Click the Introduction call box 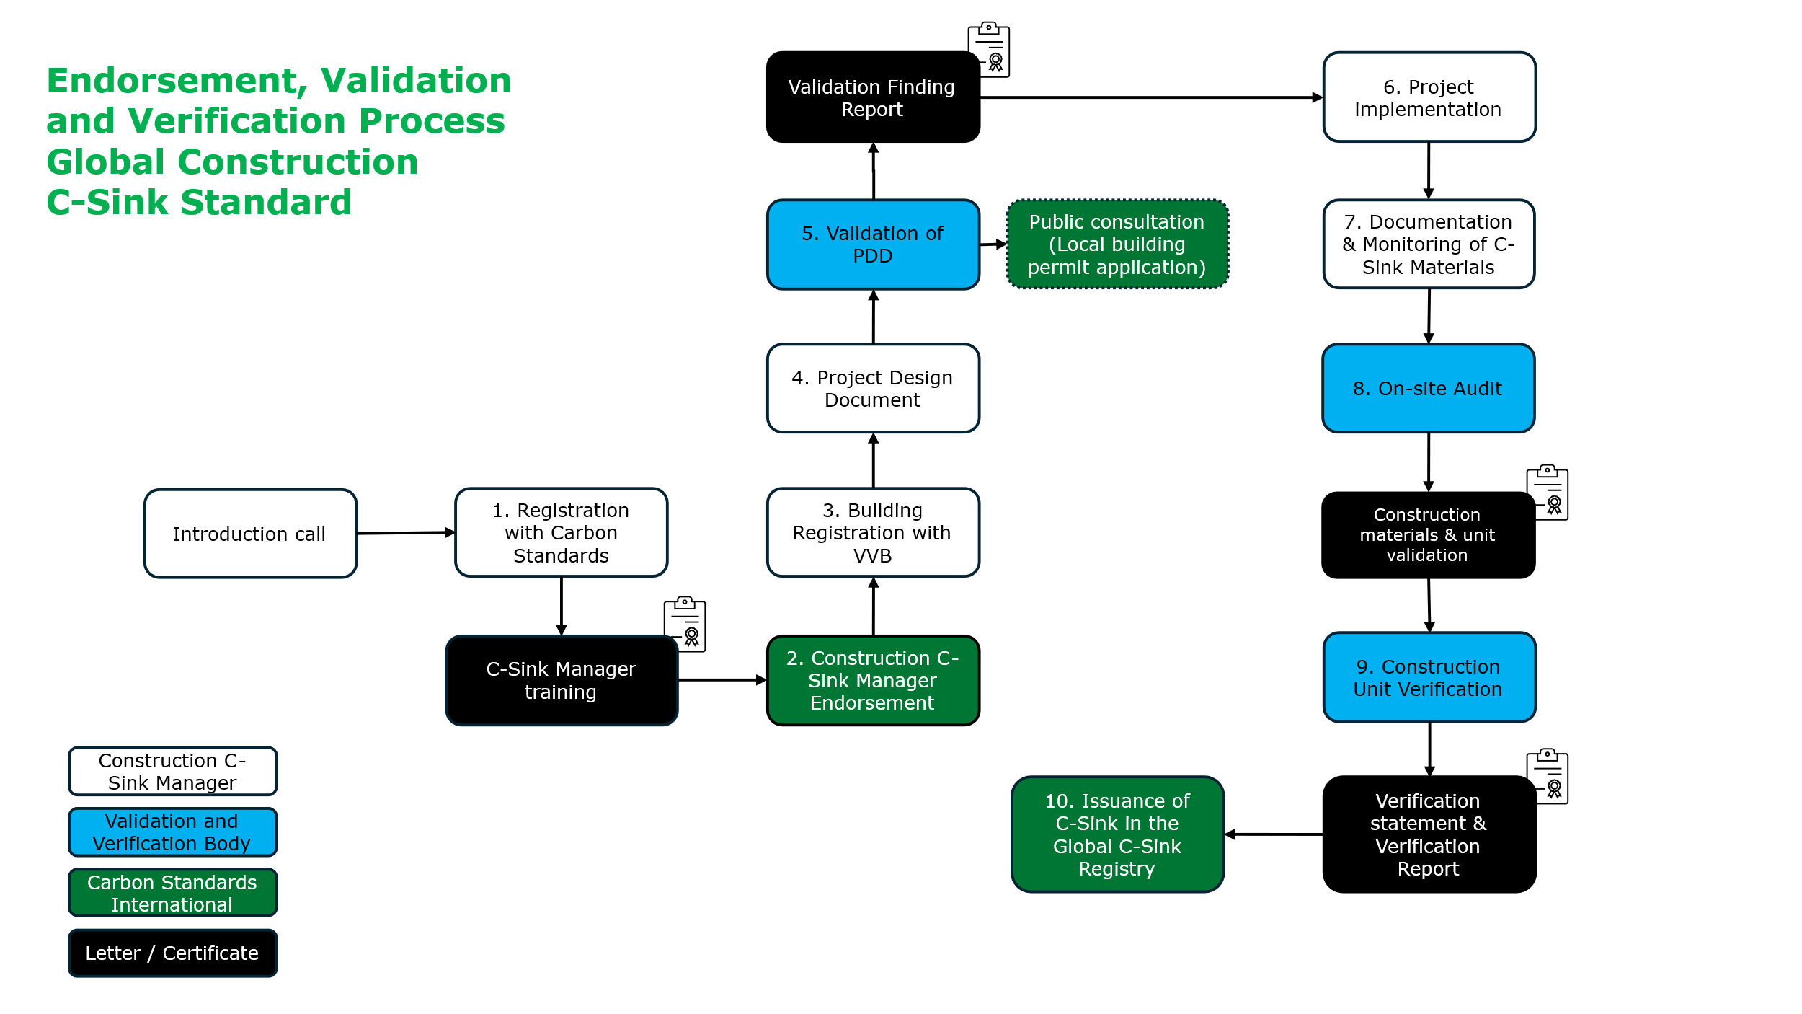click(250, 534)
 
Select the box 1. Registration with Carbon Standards click(561, 533)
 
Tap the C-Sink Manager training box click(561, 680)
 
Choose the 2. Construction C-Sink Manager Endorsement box click(872, 680)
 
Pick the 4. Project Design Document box click(872, 389)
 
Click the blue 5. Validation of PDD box click(872, 244)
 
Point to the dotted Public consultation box click(1117, 244)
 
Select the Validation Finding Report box click(872, 97)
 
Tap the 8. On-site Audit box click(1428, 389)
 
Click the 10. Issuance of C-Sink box click(1117, 834)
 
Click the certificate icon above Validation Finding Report click(990, 49)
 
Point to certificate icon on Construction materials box click(1548, 492)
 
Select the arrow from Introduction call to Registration click(406, 533)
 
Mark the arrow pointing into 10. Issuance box click(1273, 834)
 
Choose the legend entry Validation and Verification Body click(172, 832)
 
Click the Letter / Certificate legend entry click(172, 953)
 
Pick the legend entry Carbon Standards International click(172, 893)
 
